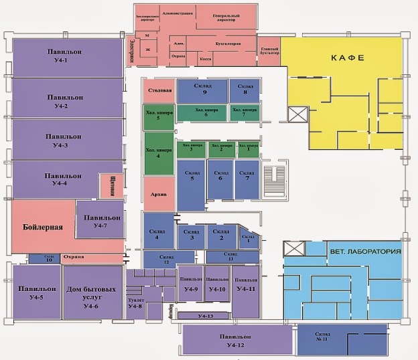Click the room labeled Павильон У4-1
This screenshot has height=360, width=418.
(67, 58)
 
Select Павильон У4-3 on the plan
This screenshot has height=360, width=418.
(67, 139)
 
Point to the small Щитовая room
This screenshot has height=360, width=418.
(110, 186)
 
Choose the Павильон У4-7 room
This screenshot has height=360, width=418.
(100, 221)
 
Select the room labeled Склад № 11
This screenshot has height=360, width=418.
(342, 338)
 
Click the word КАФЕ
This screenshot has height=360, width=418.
(347, 58)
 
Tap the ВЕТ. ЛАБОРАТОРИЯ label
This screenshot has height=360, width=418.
(365, 252)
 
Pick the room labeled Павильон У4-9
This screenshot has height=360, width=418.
(190, 284)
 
